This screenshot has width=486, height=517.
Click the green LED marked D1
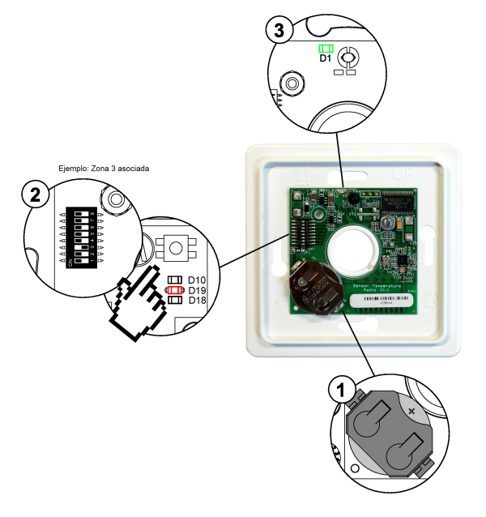(326, 49)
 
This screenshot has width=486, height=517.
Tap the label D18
(197, 300)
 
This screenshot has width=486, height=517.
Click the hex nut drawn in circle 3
(290, 83)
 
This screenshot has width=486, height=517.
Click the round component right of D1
(351, 57)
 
